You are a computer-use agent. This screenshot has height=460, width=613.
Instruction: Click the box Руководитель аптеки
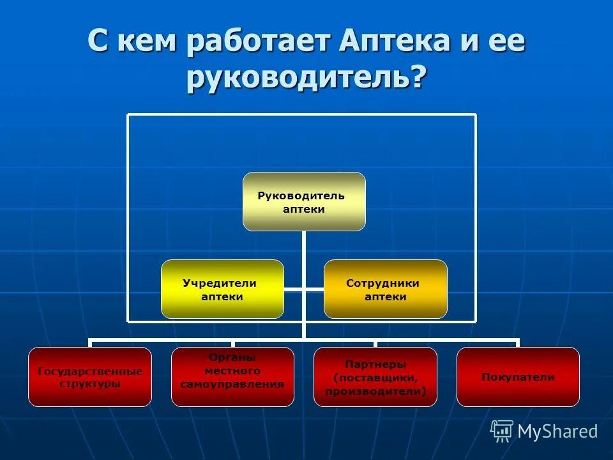tap(304, 201)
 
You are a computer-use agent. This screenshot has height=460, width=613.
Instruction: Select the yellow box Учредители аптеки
tap(222, 289)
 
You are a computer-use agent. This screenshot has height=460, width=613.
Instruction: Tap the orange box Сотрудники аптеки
tap(386, 289)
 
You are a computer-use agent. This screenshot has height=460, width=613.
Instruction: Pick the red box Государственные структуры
tap(90, 377)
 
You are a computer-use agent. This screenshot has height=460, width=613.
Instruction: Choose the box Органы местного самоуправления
tap(232, 377)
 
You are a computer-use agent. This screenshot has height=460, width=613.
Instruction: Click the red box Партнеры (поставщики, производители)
tap(375, 377)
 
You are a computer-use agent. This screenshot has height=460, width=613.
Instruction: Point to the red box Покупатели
tap(518, 377)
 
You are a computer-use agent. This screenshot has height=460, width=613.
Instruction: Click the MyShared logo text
tap(557, 431)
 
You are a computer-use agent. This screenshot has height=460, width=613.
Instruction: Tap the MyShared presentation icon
tap(502, 431)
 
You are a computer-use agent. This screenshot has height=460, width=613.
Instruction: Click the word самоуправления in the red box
tap(232, 385)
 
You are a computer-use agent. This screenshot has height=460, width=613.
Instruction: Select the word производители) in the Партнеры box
tap(375, 391)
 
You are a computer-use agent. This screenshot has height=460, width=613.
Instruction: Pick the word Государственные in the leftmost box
tap(90, 371)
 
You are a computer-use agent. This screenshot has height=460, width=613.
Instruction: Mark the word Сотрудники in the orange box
tap(383, 283)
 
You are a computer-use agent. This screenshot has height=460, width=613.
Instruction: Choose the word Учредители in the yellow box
tap(220, 283)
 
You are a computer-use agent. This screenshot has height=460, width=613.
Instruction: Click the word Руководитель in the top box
tap(301, 195)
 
